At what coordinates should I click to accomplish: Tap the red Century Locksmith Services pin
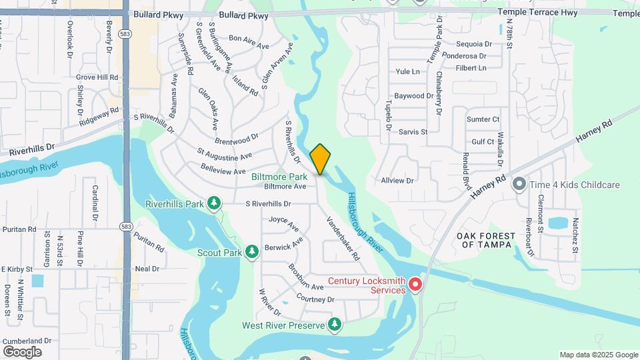415,285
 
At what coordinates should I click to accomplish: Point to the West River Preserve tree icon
335,325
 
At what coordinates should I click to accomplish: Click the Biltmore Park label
279,177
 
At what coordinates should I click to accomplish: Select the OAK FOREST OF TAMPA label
486,240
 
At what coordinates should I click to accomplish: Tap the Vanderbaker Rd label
343,237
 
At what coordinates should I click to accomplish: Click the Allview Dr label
397,181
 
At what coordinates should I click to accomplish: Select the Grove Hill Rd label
97,77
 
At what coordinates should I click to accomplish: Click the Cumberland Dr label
26,341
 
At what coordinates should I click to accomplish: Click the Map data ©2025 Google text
598,355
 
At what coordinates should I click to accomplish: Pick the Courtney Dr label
315,299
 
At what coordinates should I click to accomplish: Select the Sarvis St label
413,132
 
